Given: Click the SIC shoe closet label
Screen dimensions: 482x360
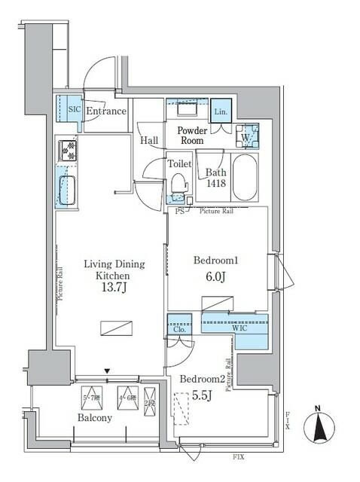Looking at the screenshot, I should [x=73, y=110].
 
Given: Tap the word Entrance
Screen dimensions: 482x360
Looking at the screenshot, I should [x=105, y=111].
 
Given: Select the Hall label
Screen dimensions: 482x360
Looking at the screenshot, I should [x=148, y=140].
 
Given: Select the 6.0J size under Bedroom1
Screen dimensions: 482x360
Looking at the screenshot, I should [x=215, y=276].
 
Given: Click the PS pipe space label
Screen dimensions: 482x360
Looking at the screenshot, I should [x=179, y=212].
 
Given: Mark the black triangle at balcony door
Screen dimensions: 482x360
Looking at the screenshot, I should [x=108, y=371].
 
